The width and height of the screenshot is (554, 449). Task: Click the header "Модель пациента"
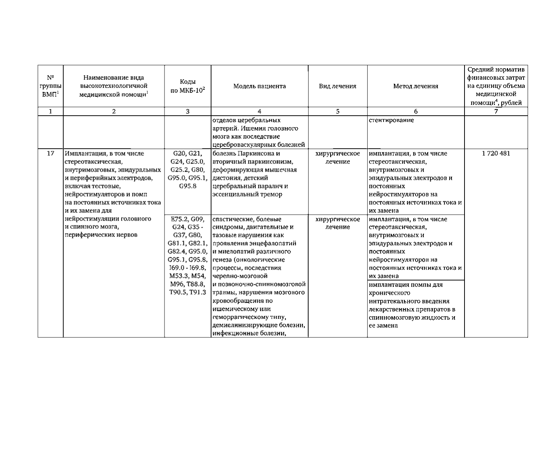pyautogui.click(x=259, y=86)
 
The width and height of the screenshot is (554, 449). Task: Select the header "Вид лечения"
pyautogui.click(x=338, y=86)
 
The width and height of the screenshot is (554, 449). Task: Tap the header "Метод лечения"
pyautogui.click(x=415, y=86)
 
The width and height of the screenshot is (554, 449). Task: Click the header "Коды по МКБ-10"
pyautogui.click(x=188, y=86)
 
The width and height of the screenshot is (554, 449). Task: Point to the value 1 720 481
pyautogui.click(x=496, y=153)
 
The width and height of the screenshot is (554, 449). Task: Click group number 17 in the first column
pyautogui.click(x=50, y=153)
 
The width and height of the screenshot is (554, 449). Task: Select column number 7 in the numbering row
pyautogui.click(x=496, y=111)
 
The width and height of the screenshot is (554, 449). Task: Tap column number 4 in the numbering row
pyautogui.click(x=259, y=111)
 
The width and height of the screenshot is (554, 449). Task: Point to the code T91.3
pyautogui.click(x=197, y=293)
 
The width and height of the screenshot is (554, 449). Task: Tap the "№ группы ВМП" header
pyautogui.click(x=50, y=86)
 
